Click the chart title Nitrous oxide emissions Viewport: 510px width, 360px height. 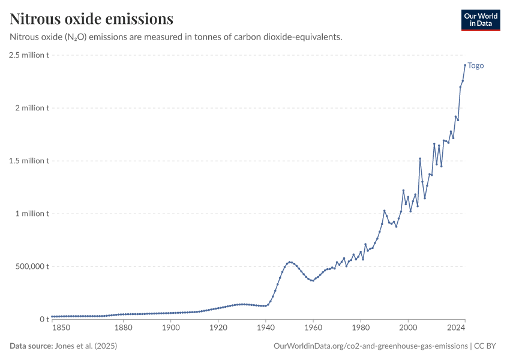click(x=92, y=19)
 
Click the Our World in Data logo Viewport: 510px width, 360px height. click(x=480, y=20)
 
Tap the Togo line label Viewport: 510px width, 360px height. click(x=476, y=66)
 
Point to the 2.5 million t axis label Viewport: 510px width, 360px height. click(x=29, y=55)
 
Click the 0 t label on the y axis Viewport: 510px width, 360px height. click(x=43, y=319)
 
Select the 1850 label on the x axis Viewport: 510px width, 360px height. click(x=61, y=328)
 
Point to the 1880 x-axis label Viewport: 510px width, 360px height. click(x=123, y=328)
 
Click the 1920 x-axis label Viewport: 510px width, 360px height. click(x=218, y=328)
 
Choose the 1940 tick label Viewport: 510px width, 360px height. click(x=265, y=328)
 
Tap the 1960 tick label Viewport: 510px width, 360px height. click(x=313, y=328)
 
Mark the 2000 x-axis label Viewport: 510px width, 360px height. click(x=408, y=328)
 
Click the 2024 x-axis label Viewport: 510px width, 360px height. click(x=456, y=328)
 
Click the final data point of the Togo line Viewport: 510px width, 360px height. click(x=465, y=65)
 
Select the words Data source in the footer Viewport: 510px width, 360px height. click(x=31, y=346)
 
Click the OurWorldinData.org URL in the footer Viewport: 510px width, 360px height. click(x=370, y=346)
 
